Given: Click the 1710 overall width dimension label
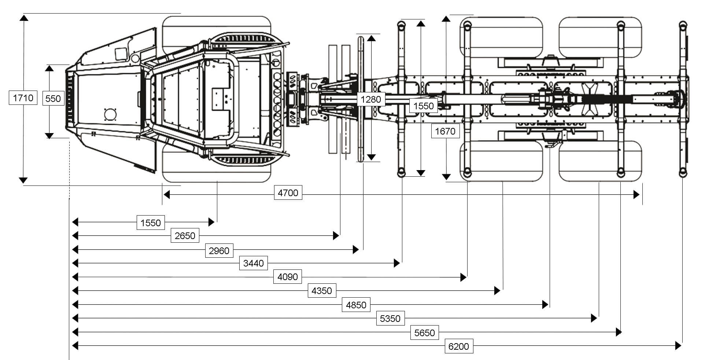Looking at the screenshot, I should point(23,98).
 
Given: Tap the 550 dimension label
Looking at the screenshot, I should point(53,99).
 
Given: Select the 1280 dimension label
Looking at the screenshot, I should point(371,99).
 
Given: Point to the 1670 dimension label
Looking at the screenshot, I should point(445,131).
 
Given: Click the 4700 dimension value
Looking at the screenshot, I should point(288,193).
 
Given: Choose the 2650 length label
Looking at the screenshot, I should point(185,235).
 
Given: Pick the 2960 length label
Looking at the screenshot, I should point(219,251).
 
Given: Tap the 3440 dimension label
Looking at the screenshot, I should point(253,263).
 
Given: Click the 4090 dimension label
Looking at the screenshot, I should point(288,277).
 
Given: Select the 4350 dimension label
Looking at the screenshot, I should point(322,291).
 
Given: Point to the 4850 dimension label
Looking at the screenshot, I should point(356,305).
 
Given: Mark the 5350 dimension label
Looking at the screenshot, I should point(390,318).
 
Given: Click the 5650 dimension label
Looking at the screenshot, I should point(424,333).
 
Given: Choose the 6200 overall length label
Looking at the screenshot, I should point(459,346).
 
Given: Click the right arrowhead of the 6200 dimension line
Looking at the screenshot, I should point(678,345).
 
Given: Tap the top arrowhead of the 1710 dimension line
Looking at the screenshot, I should point(23,18).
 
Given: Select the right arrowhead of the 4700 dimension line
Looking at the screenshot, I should point(636,195).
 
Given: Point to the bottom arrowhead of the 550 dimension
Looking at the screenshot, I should point(49,136).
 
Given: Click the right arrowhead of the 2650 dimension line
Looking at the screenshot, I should point(336,235).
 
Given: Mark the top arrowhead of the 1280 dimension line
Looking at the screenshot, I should point(372,38).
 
